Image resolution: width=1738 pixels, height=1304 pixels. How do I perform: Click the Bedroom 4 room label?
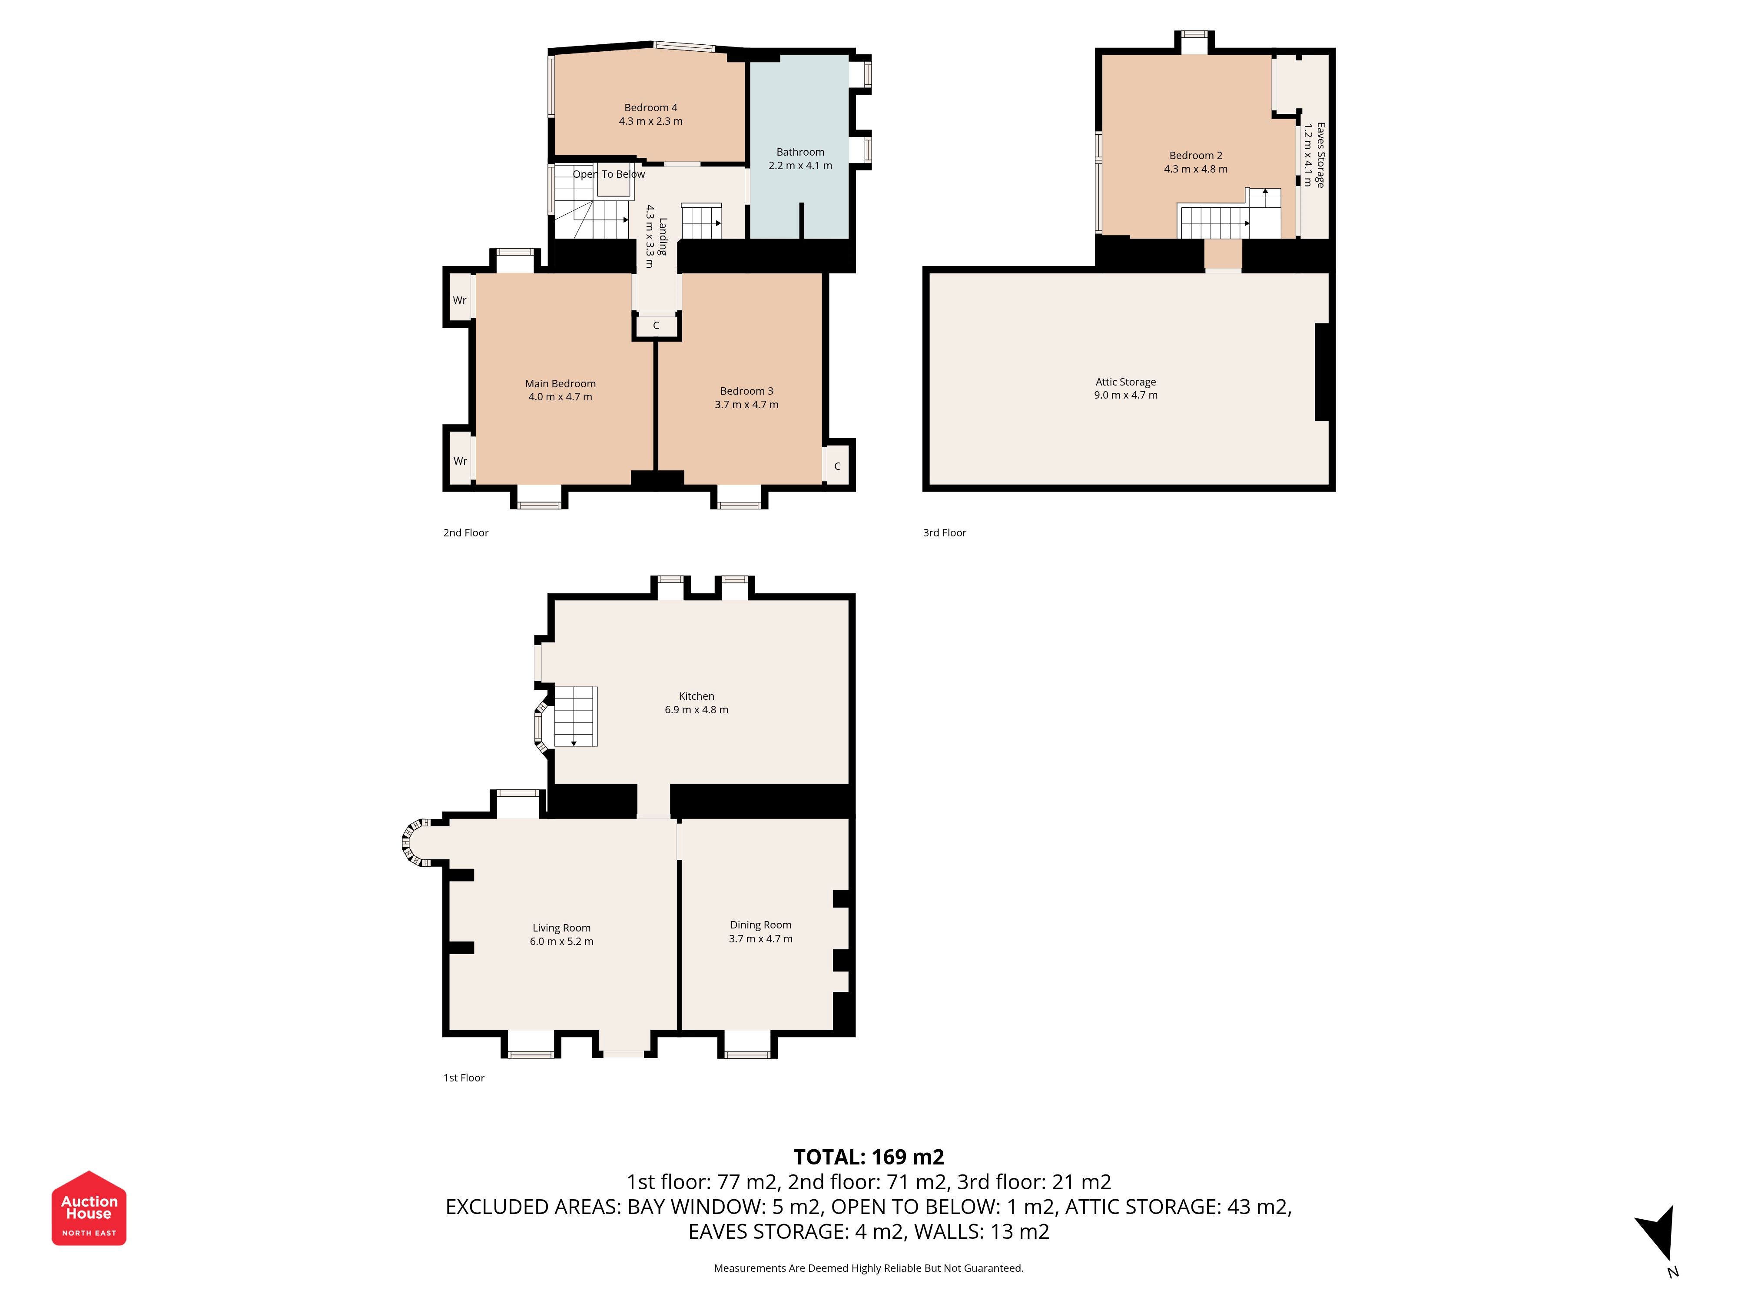coord(650,108)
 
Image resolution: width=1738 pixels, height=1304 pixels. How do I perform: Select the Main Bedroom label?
coord(560,383)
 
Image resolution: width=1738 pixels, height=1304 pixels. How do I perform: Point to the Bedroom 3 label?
coord(746,391)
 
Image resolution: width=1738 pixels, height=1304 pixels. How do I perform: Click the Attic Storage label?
coord(1125,382)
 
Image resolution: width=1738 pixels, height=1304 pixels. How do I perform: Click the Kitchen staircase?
coord(576,716)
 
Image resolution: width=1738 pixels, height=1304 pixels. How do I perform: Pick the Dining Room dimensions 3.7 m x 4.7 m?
coord(760,938)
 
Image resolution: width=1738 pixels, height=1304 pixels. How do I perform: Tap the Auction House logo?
coord(89,1208)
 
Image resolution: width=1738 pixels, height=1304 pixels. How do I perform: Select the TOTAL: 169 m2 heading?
coord(869,1157)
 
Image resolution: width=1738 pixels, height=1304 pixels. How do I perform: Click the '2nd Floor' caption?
coord(465,533)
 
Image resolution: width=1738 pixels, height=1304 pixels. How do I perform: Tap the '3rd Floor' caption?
coord(945,533)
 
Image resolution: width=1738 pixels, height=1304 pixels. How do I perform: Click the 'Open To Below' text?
coord(608,174)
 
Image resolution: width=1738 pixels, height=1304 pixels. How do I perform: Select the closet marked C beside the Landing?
coord(656,326)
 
